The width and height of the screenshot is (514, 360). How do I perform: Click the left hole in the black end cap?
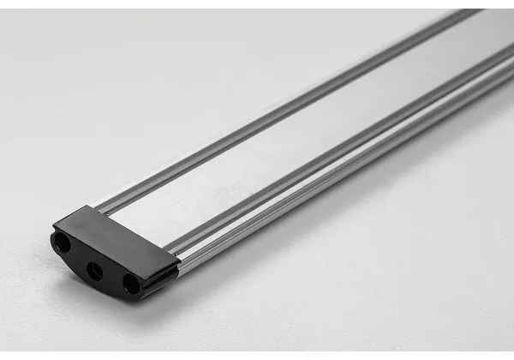pos(63,244)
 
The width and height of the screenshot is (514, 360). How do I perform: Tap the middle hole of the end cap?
pos(96,271)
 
